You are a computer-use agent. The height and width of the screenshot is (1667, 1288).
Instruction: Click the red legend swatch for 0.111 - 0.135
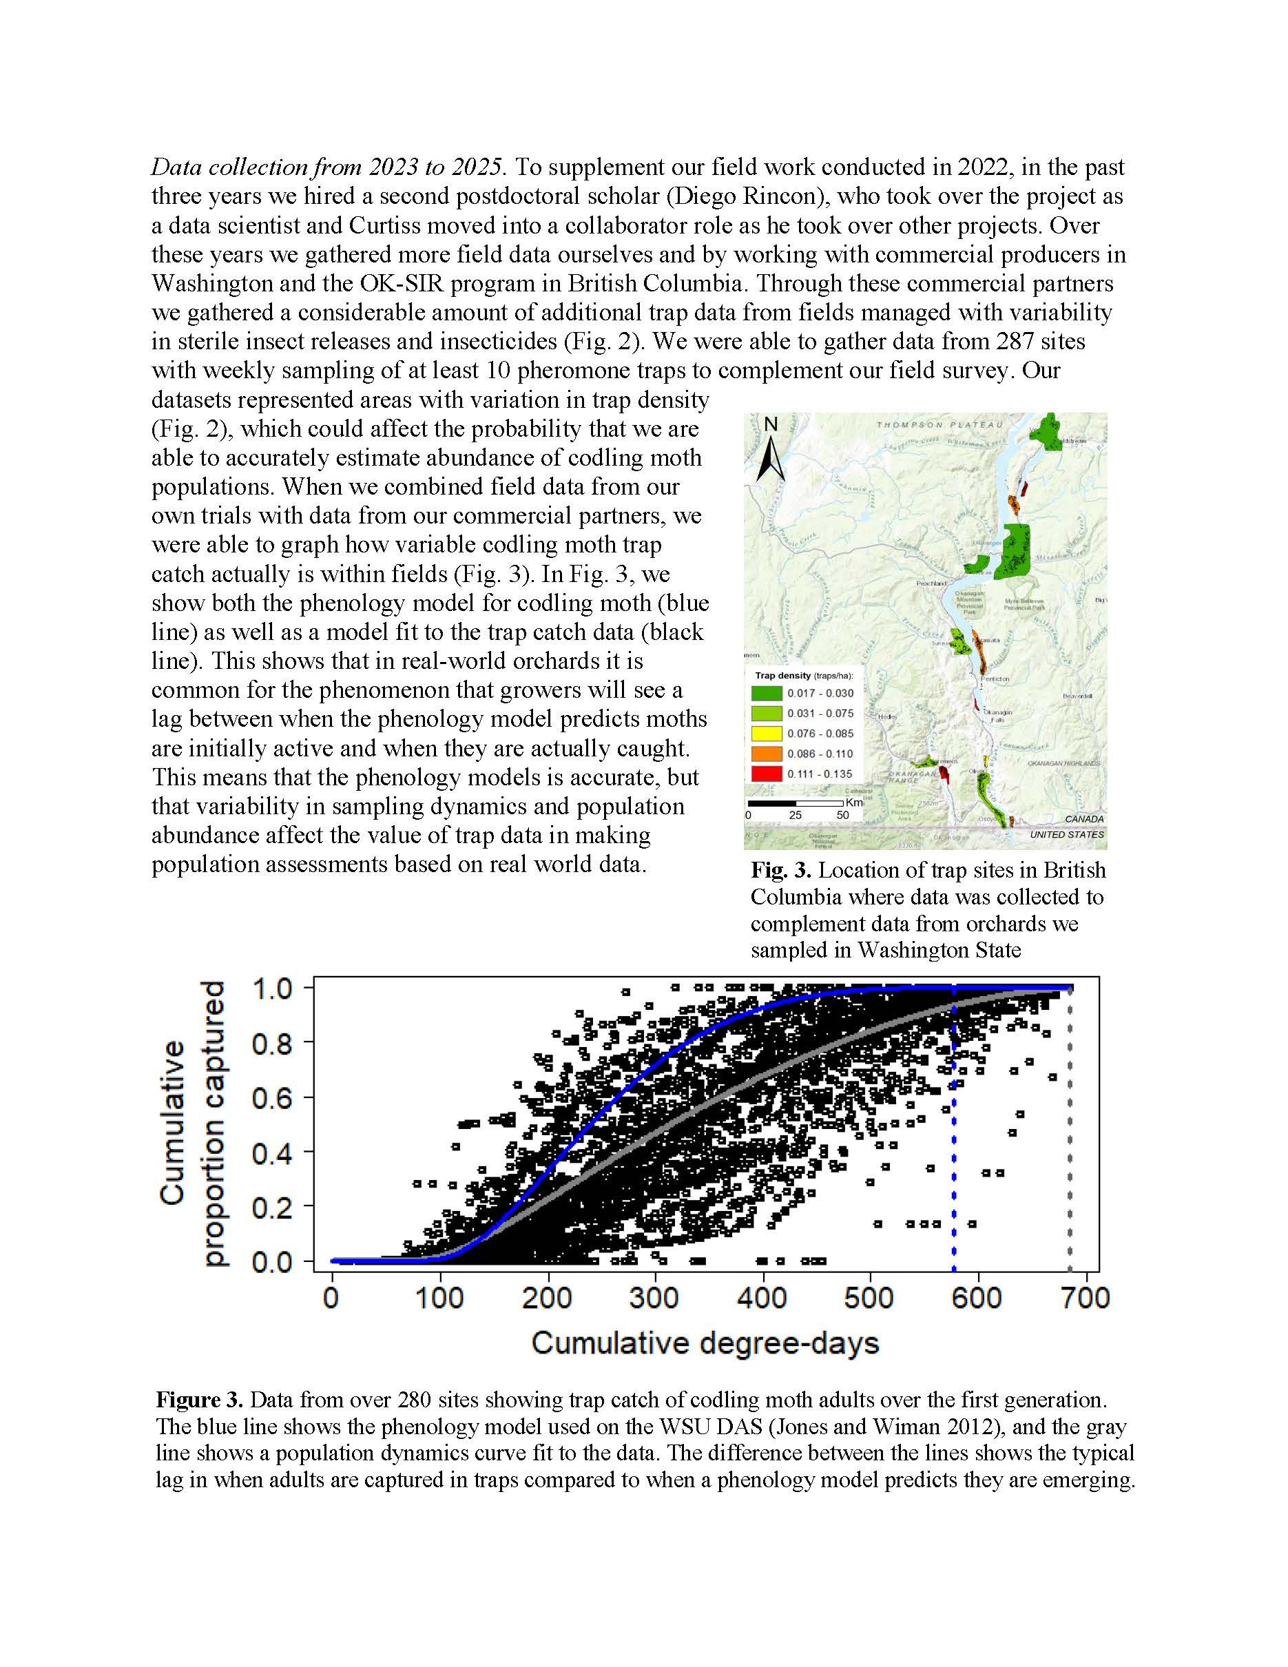tap(766, 773)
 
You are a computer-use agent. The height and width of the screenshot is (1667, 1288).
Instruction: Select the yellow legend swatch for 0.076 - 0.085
tap(766, 734)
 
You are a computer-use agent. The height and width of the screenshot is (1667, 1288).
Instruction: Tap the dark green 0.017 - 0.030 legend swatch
tap(766, 693)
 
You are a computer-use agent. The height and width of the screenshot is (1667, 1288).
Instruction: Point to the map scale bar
tap(795, 803)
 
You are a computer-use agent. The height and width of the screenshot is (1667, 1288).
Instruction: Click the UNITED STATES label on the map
tap(1066, 835)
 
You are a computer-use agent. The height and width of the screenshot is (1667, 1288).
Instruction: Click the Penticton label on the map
tap(995, 679)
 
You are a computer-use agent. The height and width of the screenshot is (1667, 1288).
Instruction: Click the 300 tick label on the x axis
tap(654, 1298)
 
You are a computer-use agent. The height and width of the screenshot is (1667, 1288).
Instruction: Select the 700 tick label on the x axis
tap(1085, 1298)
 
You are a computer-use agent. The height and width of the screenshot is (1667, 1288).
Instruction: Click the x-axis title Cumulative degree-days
tap(705, 1343)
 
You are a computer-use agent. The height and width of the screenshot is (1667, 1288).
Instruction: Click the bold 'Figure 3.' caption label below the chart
tap(199, 1400)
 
